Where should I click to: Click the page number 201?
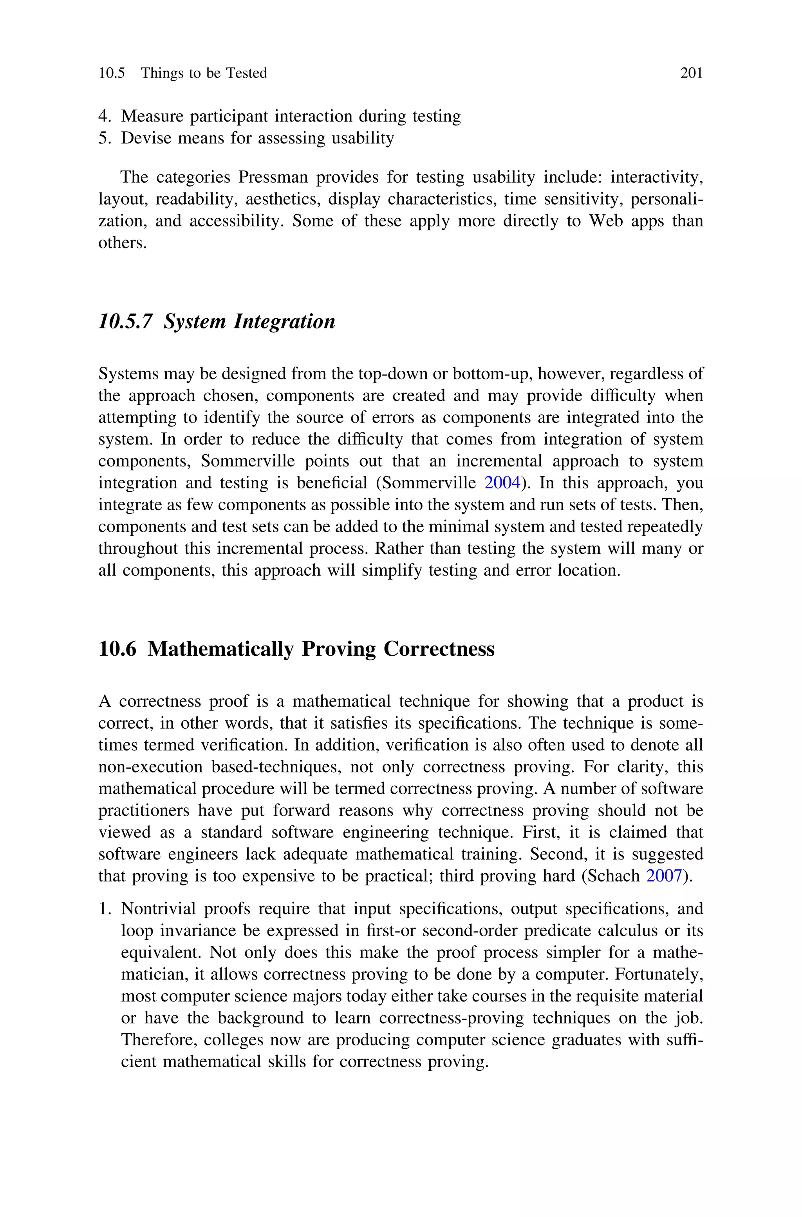692,73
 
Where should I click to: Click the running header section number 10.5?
112,73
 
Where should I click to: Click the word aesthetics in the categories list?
282,199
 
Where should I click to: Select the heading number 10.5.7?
125,321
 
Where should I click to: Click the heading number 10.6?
117,649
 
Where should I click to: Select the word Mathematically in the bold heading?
220,649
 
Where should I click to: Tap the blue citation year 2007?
664,876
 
